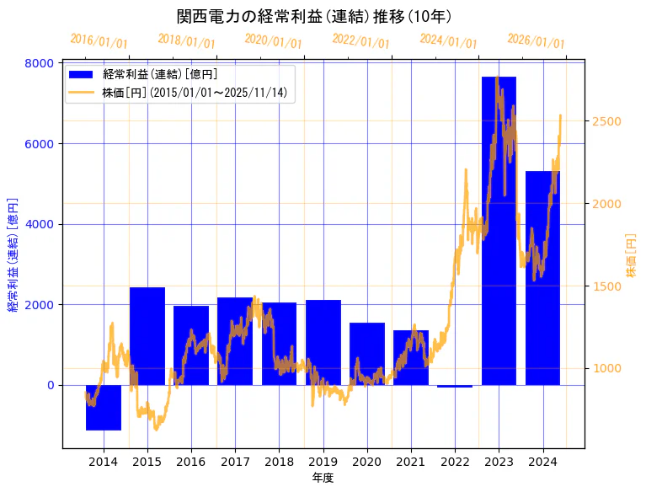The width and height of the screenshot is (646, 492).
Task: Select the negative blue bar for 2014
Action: point(104,408)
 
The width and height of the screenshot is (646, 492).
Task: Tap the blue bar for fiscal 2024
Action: point(542,278)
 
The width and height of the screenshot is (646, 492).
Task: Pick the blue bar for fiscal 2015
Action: point(147,336)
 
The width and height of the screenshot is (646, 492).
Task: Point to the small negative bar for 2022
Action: point(455,386)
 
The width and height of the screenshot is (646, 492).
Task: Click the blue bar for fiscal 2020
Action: point(367,354)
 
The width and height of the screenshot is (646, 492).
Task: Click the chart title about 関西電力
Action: point(314,17)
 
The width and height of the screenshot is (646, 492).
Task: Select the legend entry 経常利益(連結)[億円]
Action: point(160,75)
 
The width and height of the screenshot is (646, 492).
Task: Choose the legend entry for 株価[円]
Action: point(198,93)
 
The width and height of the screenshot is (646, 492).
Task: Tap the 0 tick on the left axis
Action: point(50,385)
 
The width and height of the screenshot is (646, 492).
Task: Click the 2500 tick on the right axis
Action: point(606,121)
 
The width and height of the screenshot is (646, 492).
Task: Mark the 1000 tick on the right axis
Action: point(606,368)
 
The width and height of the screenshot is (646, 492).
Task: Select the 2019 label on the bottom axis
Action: point(323,461)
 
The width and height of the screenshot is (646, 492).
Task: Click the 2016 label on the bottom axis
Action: point(191,461)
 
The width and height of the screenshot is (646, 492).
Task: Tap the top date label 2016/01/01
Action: point(99,40)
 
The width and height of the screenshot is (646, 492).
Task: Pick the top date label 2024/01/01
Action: point(448,41)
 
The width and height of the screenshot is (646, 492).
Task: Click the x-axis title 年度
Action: point(323,478)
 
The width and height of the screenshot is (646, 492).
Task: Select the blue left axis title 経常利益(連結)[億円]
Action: point(13,255)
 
